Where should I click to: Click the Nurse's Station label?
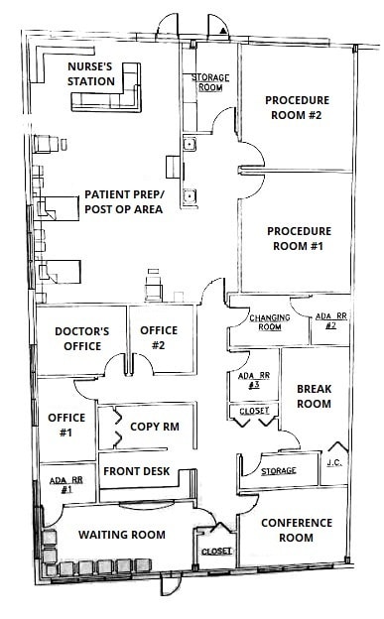(x=91, y=72)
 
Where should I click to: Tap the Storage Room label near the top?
(x=209, y=81)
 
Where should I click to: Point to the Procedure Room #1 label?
(x=298, y=238)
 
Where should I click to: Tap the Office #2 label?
(x=158, y=338)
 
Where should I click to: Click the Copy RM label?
(x=153, y=427)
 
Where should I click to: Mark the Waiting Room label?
(x=121, y=535)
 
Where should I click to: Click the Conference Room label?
(x=294, y=530)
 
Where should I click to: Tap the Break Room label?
(x=314, y=397)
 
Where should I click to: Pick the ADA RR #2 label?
(x=331, y=320)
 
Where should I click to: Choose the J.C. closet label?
(x=336, y=462)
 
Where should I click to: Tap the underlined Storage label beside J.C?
(x=278, y=470)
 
